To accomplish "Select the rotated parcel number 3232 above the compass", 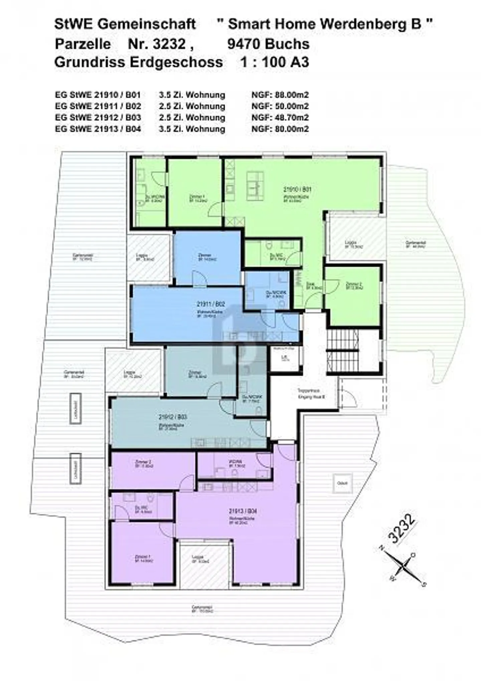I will [x=402, y=528].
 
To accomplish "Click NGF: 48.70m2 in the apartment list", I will [x=280, y=118].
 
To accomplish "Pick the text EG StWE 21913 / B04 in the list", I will [x=98, y=129].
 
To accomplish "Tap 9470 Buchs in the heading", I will [x=268, y=44].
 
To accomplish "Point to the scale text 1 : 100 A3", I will [x=275, y=62].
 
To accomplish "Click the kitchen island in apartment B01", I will [x=255, y=186].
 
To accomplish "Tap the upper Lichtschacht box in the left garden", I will [x=75, y=408].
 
